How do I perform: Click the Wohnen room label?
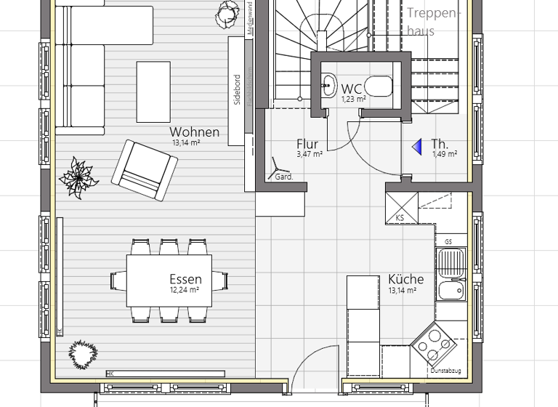(x=194, y=132)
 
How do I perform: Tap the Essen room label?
(x=185, y=279)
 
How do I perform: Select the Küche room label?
(x=405, y=279)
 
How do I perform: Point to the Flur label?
(x=307, y=144)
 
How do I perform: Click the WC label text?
(x=352, y=89)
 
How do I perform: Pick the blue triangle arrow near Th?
(x=417, y=148)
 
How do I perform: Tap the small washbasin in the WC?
(x=328, y=84)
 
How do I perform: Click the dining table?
(x=169, y=280)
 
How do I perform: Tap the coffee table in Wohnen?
(x=153, y=92)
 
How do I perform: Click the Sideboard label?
(x=237, y=90)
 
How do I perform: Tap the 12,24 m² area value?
(x=185, y=291)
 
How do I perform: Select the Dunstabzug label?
(x=445, y=371)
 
